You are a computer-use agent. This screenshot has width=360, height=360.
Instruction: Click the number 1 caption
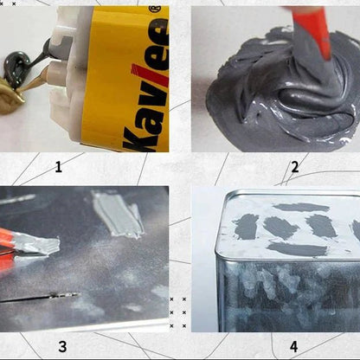(59, 167)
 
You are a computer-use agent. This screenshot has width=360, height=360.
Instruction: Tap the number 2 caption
(294, 167)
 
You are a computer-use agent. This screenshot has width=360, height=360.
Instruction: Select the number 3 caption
(62, 346)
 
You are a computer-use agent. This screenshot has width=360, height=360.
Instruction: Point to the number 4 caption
(293, 346)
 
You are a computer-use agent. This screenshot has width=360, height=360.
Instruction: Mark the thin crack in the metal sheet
(39, 298)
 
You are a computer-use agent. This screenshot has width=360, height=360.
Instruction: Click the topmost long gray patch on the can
(301, 207)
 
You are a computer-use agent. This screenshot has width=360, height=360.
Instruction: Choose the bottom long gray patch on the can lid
(297, 249)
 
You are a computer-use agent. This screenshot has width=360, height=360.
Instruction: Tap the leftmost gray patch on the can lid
(245, 227)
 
